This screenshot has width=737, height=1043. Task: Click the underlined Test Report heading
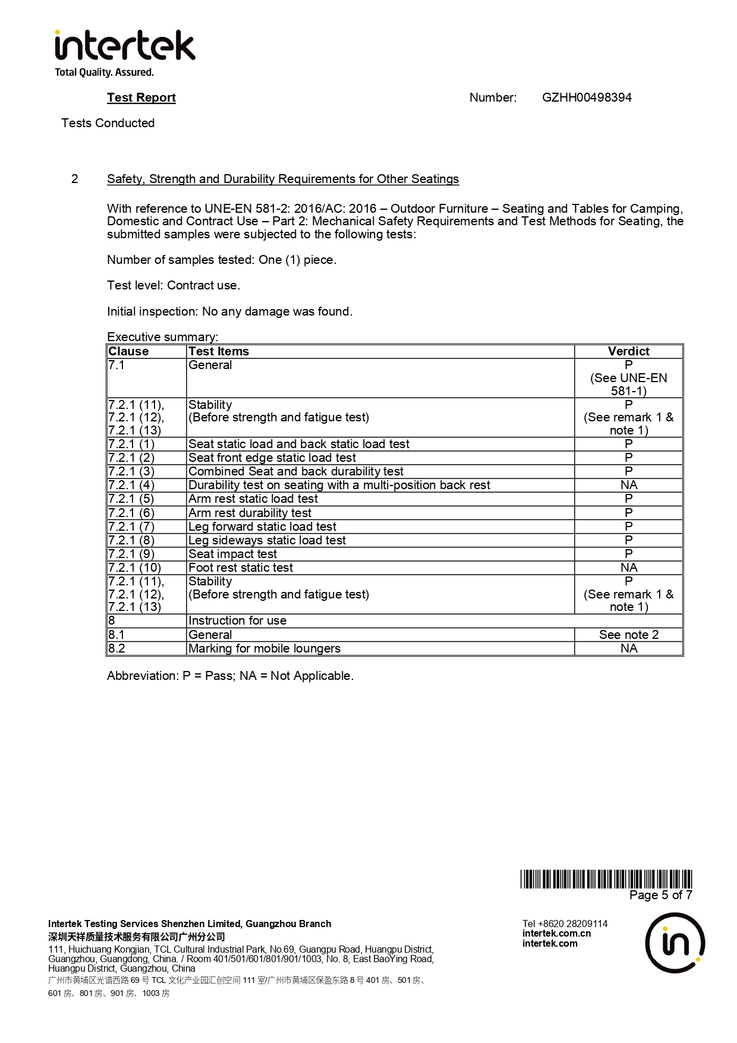(x=141, y=97)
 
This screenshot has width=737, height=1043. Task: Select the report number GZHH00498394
(x=587, y=97)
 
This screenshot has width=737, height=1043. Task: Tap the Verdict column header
(x=628, y=351)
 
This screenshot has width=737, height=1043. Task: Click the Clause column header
(x=128, y=351)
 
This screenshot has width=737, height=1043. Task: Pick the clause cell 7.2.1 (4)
(x=131, y=485)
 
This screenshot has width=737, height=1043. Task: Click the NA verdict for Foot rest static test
(x=628, y=568)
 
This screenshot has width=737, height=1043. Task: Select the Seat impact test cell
(x=232, y=554)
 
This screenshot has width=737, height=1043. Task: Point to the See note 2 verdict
(x=628, y=635)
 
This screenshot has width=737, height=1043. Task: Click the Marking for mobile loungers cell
(x=264, y=648)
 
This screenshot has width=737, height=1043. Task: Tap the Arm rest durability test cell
(x=250, y=513)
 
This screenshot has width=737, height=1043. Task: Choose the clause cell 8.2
(x=117, y=648)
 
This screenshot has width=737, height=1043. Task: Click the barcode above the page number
(x=606, y=879)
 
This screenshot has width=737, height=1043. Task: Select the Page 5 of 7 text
(x=660, y=895)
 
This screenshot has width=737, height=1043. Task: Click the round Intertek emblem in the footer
(x=675, y=943)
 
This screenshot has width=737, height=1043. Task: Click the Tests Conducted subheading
(x=108, y=123)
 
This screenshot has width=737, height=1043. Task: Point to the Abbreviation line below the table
(x=230, y=676)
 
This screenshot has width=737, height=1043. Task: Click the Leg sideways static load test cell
(x=267, y=540)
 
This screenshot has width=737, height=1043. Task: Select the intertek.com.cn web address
(x=556, y=933)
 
